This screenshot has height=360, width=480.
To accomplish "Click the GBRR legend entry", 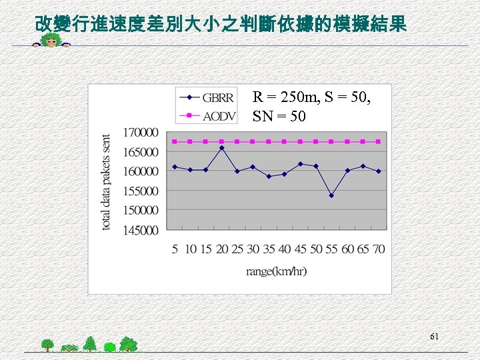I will (x=206, y=98).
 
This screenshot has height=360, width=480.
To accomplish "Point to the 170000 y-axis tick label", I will (x=141, y=133).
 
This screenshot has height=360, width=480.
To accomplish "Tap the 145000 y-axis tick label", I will (x=141, y=230).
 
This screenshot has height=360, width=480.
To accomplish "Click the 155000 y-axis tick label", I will (x=141, y=191).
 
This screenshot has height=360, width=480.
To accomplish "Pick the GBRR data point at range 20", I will (x=221, y=148).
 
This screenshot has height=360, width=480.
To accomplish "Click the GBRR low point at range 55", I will (x=331, y=195).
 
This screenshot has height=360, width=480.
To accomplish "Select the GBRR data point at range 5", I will (x=174, y=167).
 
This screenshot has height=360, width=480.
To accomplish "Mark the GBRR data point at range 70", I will (x=379, y=171).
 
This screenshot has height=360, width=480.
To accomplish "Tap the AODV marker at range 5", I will (x=174, y=141).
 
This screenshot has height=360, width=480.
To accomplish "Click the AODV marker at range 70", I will (x=379, y=141).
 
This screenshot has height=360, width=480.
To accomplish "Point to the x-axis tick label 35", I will (x=269, y=249).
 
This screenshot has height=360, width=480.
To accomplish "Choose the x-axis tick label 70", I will (x=379, y=249).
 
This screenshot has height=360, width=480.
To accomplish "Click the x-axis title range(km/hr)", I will (x=276, y=271).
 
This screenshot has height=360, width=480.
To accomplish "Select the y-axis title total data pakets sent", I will (x=106, y=182).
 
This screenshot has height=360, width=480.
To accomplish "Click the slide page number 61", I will (x=434, y=337).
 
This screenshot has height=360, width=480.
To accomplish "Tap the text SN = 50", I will (x=279, y=117).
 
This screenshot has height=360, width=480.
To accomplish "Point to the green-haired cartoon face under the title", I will (x=51, y=42).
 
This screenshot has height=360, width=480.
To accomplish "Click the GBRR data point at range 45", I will (x=300, y=164).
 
